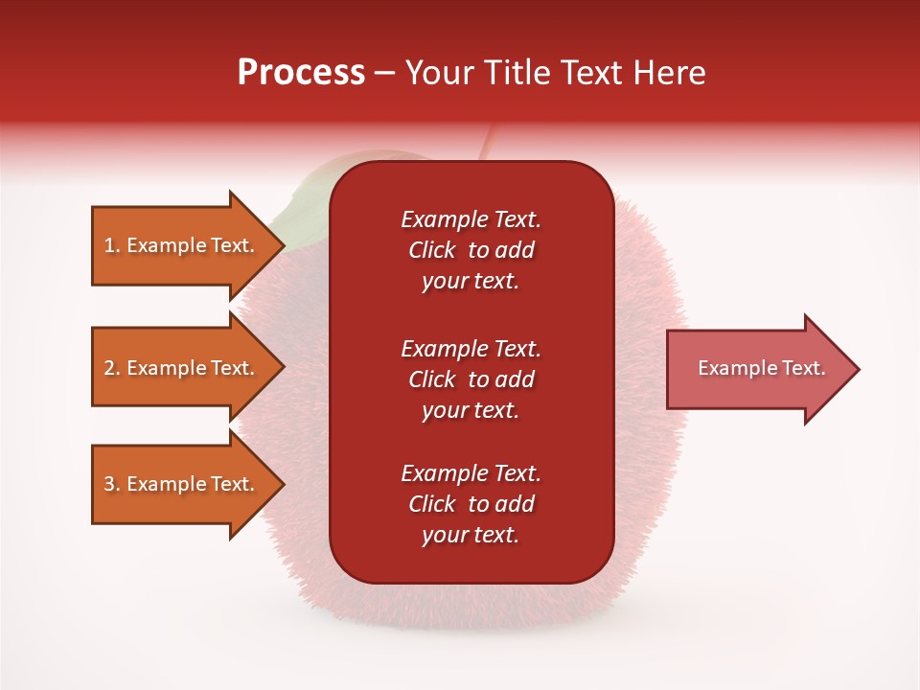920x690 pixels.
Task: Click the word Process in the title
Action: point(301,73)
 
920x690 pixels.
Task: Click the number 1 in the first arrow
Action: point(109,245)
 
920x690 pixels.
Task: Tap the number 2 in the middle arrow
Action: point(109,368)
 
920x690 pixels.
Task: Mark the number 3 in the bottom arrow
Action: point(109,484)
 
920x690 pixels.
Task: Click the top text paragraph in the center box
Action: point(471,250)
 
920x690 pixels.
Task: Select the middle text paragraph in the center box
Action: point(471,379)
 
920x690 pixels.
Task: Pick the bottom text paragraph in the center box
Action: point(471,504)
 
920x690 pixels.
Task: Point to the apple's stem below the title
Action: point(488,144)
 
